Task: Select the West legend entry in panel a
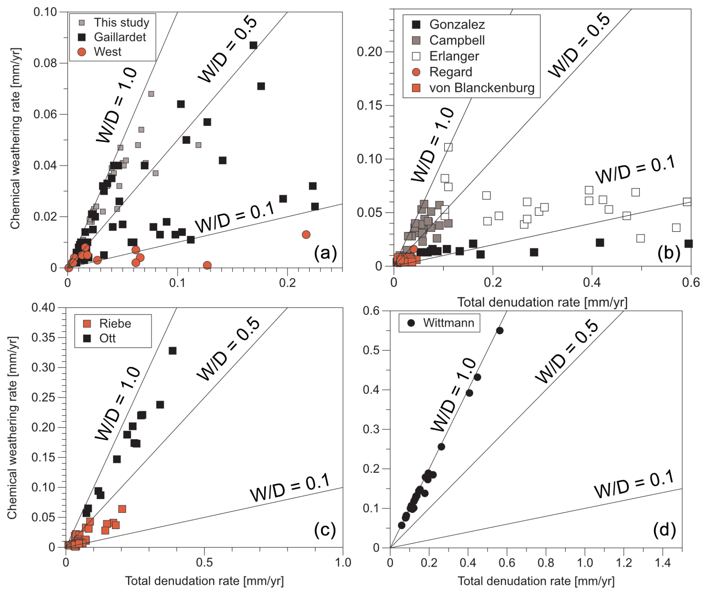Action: (107, 52)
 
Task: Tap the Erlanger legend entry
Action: (454, 56)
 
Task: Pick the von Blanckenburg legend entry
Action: (481, 88)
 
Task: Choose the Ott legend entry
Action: (107, 338)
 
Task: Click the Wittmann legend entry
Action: (448, 323)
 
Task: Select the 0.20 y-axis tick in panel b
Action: (369, 52)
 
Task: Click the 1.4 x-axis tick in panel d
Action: (663, 562)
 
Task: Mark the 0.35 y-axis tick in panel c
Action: (43, 338)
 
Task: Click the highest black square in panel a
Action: (253, 45)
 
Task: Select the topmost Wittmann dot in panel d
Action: (500, 331)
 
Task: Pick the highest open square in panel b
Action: (448, 147)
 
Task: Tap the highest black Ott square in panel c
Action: (172, 351)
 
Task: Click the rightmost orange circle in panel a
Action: (306, 235)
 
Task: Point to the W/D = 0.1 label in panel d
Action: (634, 484)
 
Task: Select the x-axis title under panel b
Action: (542, 302)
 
